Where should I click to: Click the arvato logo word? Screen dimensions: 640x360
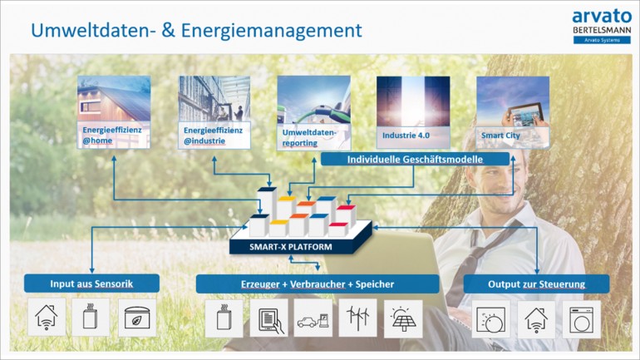tap(602, 17)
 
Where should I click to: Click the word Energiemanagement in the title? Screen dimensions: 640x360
tap(272, 31)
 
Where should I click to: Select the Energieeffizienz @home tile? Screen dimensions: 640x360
tap(114, 112)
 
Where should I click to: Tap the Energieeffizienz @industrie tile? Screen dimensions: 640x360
tap(214, 112)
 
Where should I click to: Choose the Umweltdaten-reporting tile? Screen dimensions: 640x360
tap(314, 112)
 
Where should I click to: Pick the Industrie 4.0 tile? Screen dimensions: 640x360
tap(413, 112)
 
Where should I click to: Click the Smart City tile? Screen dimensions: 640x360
tap(513, 112)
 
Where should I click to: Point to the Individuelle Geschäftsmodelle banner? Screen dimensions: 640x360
tap(415, 159)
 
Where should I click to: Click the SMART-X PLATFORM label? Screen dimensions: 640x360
tap(291, 247)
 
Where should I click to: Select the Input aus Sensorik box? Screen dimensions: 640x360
tap(91, 284)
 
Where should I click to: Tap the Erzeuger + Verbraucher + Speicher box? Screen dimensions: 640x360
tap(318, 284)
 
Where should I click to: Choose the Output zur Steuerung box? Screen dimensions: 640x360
tap(536, 284)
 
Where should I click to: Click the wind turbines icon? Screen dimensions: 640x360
tap(357, 318)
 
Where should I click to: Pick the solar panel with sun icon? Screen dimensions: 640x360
tap(403, 318)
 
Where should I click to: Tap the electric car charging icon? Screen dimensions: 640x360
tap(313, 318)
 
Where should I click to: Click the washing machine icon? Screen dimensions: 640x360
tap(581, 319)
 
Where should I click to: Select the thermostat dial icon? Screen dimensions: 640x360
tap(490, 319)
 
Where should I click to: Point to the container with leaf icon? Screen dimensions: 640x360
tap(137, 318)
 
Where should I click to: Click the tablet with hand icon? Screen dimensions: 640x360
tap(269, 318)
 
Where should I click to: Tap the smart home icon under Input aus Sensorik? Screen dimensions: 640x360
tap(47, 317)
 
